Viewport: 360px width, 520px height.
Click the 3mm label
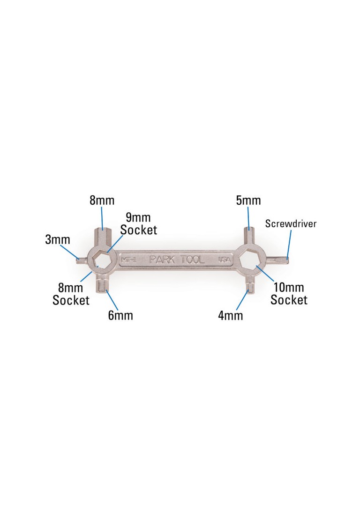coord(57,239)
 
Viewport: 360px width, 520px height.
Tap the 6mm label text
coord(120,315)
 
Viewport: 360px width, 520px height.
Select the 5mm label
coord(248,201)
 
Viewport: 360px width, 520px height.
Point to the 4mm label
coord(230,315)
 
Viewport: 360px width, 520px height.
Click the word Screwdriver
coord(291,224)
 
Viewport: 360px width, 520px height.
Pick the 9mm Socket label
coord(138,223)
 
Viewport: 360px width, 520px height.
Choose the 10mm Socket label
coord(289,293)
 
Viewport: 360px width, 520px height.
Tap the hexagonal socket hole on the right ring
coord(250,260)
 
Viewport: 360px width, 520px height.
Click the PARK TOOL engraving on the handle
coord(177,260)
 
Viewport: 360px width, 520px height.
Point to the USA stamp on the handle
coord(224,260)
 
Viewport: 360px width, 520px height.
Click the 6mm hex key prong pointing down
coord(102,285)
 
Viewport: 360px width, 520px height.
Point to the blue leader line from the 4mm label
coord(242,300)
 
